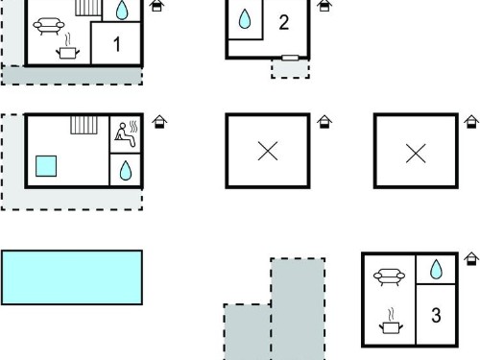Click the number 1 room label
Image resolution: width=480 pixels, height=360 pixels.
pos(117,44)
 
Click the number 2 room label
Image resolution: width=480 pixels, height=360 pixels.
pos(284,22)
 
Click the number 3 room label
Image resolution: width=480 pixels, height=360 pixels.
pos(436,315)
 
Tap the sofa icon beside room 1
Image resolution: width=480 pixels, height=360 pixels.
pos(49,26)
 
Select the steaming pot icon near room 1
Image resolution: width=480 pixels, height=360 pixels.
pos(67,47)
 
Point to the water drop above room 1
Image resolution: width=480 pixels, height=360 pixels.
pos(122,10)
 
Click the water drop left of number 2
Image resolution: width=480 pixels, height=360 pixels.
pos(245,18)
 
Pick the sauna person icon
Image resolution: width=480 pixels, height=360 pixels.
pos(126,133)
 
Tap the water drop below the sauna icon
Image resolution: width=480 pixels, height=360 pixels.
pos(126,170)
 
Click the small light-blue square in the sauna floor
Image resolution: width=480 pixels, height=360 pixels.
pos(46,166)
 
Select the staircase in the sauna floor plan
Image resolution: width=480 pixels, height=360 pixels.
pos(84,125)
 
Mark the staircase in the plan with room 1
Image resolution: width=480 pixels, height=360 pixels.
pos(88,8)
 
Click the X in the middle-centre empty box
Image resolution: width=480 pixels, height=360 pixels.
pos(268,151)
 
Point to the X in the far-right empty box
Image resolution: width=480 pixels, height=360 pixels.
pos(416,153)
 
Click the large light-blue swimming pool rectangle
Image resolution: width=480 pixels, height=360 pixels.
pos(72,277)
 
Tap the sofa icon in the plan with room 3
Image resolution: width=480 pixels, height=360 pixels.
pos(389,276)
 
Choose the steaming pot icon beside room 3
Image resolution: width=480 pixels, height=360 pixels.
pos(391,322)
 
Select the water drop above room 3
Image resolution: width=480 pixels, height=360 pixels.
pos(436,270)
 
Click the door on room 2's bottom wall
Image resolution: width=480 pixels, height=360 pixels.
pos(290,58)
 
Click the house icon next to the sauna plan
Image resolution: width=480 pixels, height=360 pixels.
pos(159,122)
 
